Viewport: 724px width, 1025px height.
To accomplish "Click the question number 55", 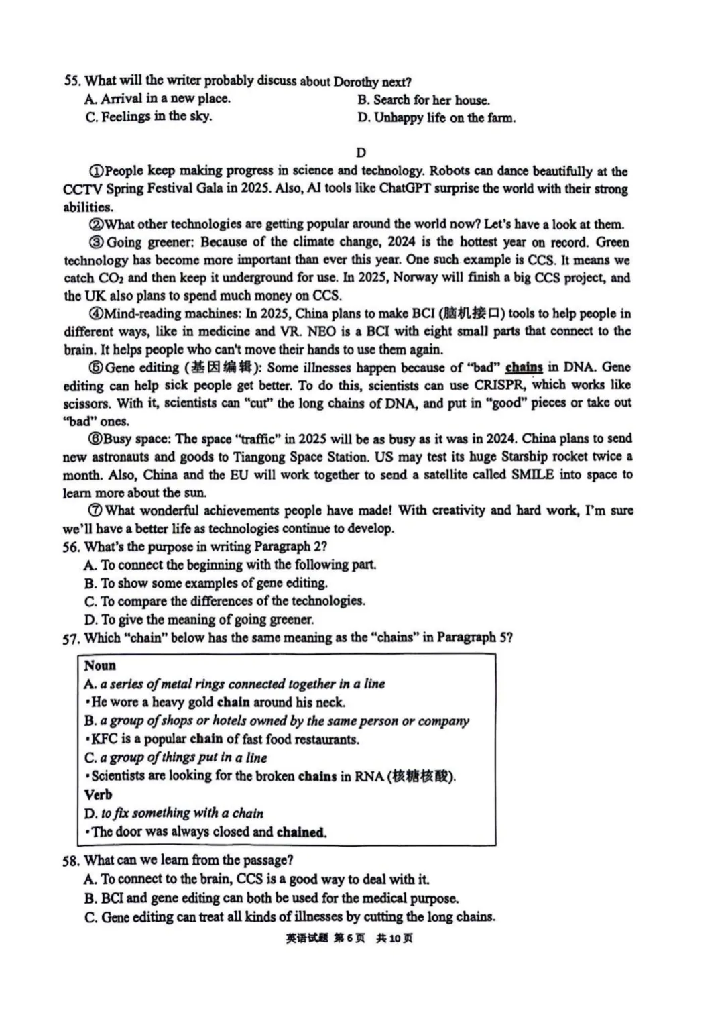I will pos(72,81).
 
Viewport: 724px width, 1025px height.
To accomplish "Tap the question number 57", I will pos(70,639).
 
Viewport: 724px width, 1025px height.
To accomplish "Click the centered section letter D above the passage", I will pos(361,153).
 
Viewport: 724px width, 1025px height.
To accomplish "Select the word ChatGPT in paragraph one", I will pos(405,188).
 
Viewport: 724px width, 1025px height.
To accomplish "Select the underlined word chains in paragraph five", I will pos(524,367).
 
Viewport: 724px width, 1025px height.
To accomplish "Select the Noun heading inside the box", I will pos(100,665).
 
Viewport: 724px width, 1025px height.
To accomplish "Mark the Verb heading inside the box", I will pos(98,795).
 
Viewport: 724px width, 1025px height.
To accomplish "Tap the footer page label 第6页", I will pos(349,938).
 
